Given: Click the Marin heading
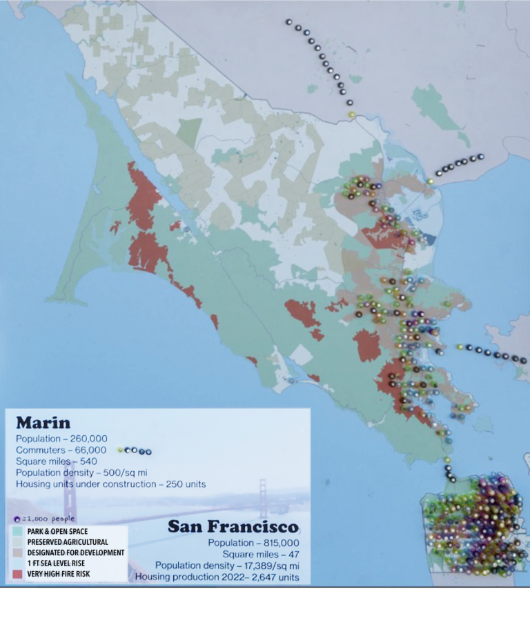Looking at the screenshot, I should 43,422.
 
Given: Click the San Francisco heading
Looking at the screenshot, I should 233,527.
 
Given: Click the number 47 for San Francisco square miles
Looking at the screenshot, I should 292,554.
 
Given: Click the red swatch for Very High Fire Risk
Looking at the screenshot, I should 18,574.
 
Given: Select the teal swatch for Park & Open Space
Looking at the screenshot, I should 18,532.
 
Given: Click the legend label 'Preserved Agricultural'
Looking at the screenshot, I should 68,542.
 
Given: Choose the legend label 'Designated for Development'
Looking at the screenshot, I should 76,552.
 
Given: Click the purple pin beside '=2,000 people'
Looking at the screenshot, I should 17,518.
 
